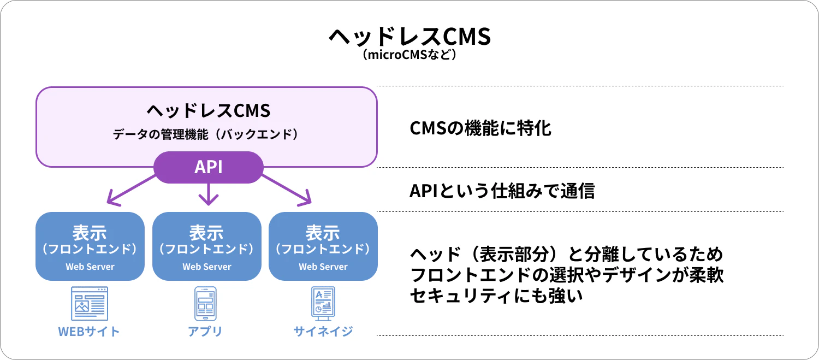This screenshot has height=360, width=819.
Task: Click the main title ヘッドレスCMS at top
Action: click(410, 37)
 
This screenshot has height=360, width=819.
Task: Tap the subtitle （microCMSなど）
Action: click(410, 55)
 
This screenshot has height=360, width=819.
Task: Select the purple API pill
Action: click(209, 167)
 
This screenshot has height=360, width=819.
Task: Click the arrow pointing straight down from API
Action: click(209, 194)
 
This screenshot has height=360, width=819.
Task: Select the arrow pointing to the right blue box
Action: click(287, 190)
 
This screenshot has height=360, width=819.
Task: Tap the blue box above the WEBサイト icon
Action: click(90, 246)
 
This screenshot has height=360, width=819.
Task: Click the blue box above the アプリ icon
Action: click(207, 246)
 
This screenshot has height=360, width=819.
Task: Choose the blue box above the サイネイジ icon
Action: click(323, 246)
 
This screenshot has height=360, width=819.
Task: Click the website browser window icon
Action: click(90, 303)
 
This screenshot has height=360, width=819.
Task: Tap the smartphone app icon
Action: click(205, 304)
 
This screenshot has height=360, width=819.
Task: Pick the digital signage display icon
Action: click(322, 302)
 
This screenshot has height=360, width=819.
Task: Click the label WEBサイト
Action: click(89, 332)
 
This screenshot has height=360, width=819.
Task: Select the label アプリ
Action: click(205, 332)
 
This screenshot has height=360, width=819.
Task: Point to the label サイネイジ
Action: click(323, 332)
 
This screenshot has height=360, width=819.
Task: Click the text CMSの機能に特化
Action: click(480, 129)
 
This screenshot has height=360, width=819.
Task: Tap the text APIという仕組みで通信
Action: click(502, 191)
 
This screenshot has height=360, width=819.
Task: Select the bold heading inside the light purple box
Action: click(209, 111)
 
